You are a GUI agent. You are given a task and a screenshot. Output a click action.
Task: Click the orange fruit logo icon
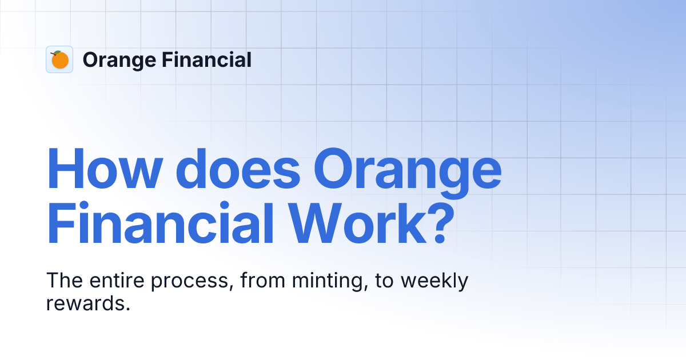point(59,59)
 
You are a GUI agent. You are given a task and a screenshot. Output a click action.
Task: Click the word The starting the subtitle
point(62,281)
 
